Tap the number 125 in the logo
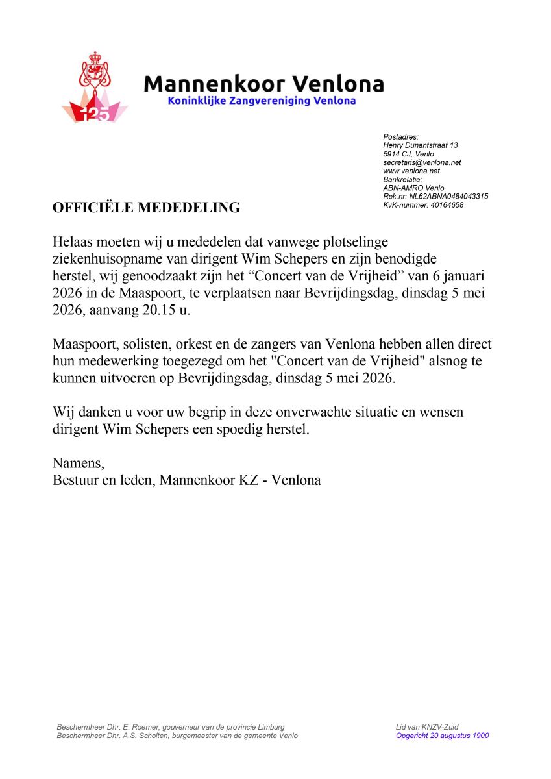[x=95, y=114]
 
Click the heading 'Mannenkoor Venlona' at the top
[x=263, y=84]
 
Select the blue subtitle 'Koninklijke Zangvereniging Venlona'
[x=262, y=101]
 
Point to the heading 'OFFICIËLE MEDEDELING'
[x=146, y=208]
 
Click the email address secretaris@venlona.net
[x=422, y=162]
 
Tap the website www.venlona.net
[x=411, y=171]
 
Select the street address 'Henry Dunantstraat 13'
[x=421, y=145]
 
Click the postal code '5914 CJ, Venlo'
[x=409, y=154]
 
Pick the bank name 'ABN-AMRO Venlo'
[x=413, y=188]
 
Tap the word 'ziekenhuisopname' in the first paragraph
[x=104, y=258]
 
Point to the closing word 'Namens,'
[x=78, y=464]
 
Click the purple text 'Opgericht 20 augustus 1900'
[x=442, y=736]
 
